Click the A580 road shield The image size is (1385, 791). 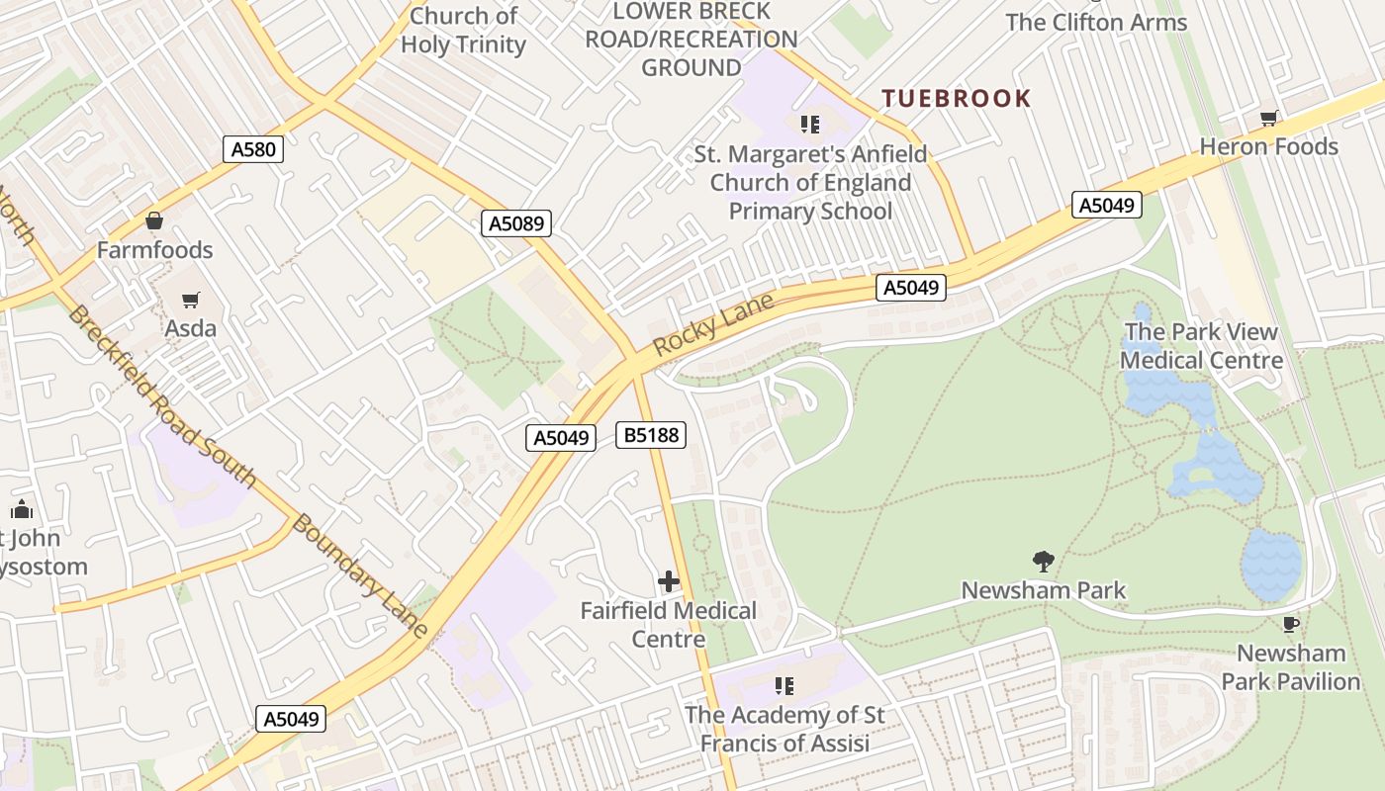(x=253, y=149)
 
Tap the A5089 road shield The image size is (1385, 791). (x=516, y=223)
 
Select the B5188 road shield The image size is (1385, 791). (x=650, y=434)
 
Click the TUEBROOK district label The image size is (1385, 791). (x=956, y=99)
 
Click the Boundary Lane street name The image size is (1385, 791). (x=361, y=576)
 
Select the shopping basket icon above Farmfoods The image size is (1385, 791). (x=153, y=220)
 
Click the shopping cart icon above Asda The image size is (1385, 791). (x=191, y=299)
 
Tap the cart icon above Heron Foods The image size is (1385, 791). (x=1268, y=119)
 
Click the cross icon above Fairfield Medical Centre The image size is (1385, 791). (x=669, y=581)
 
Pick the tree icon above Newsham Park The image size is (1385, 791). (x=1043, y=562)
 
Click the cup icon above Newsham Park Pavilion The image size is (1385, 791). (x=1290, y=624)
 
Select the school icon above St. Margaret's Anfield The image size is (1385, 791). (x=810, y=125)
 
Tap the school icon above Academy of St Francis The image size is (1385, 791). (x=785, y=685)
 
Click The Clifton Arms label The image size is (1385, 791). (x=1096, y=22)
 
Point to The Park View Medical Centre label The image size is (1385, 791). (x=1201, y=346)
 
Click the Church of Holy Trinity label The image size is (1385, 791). (x=463, y=30)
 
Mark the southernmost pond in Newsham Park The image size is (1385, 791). (x=1271, y=564)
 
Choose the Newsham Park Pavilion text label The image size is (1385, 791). (x=1290, y=667)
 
